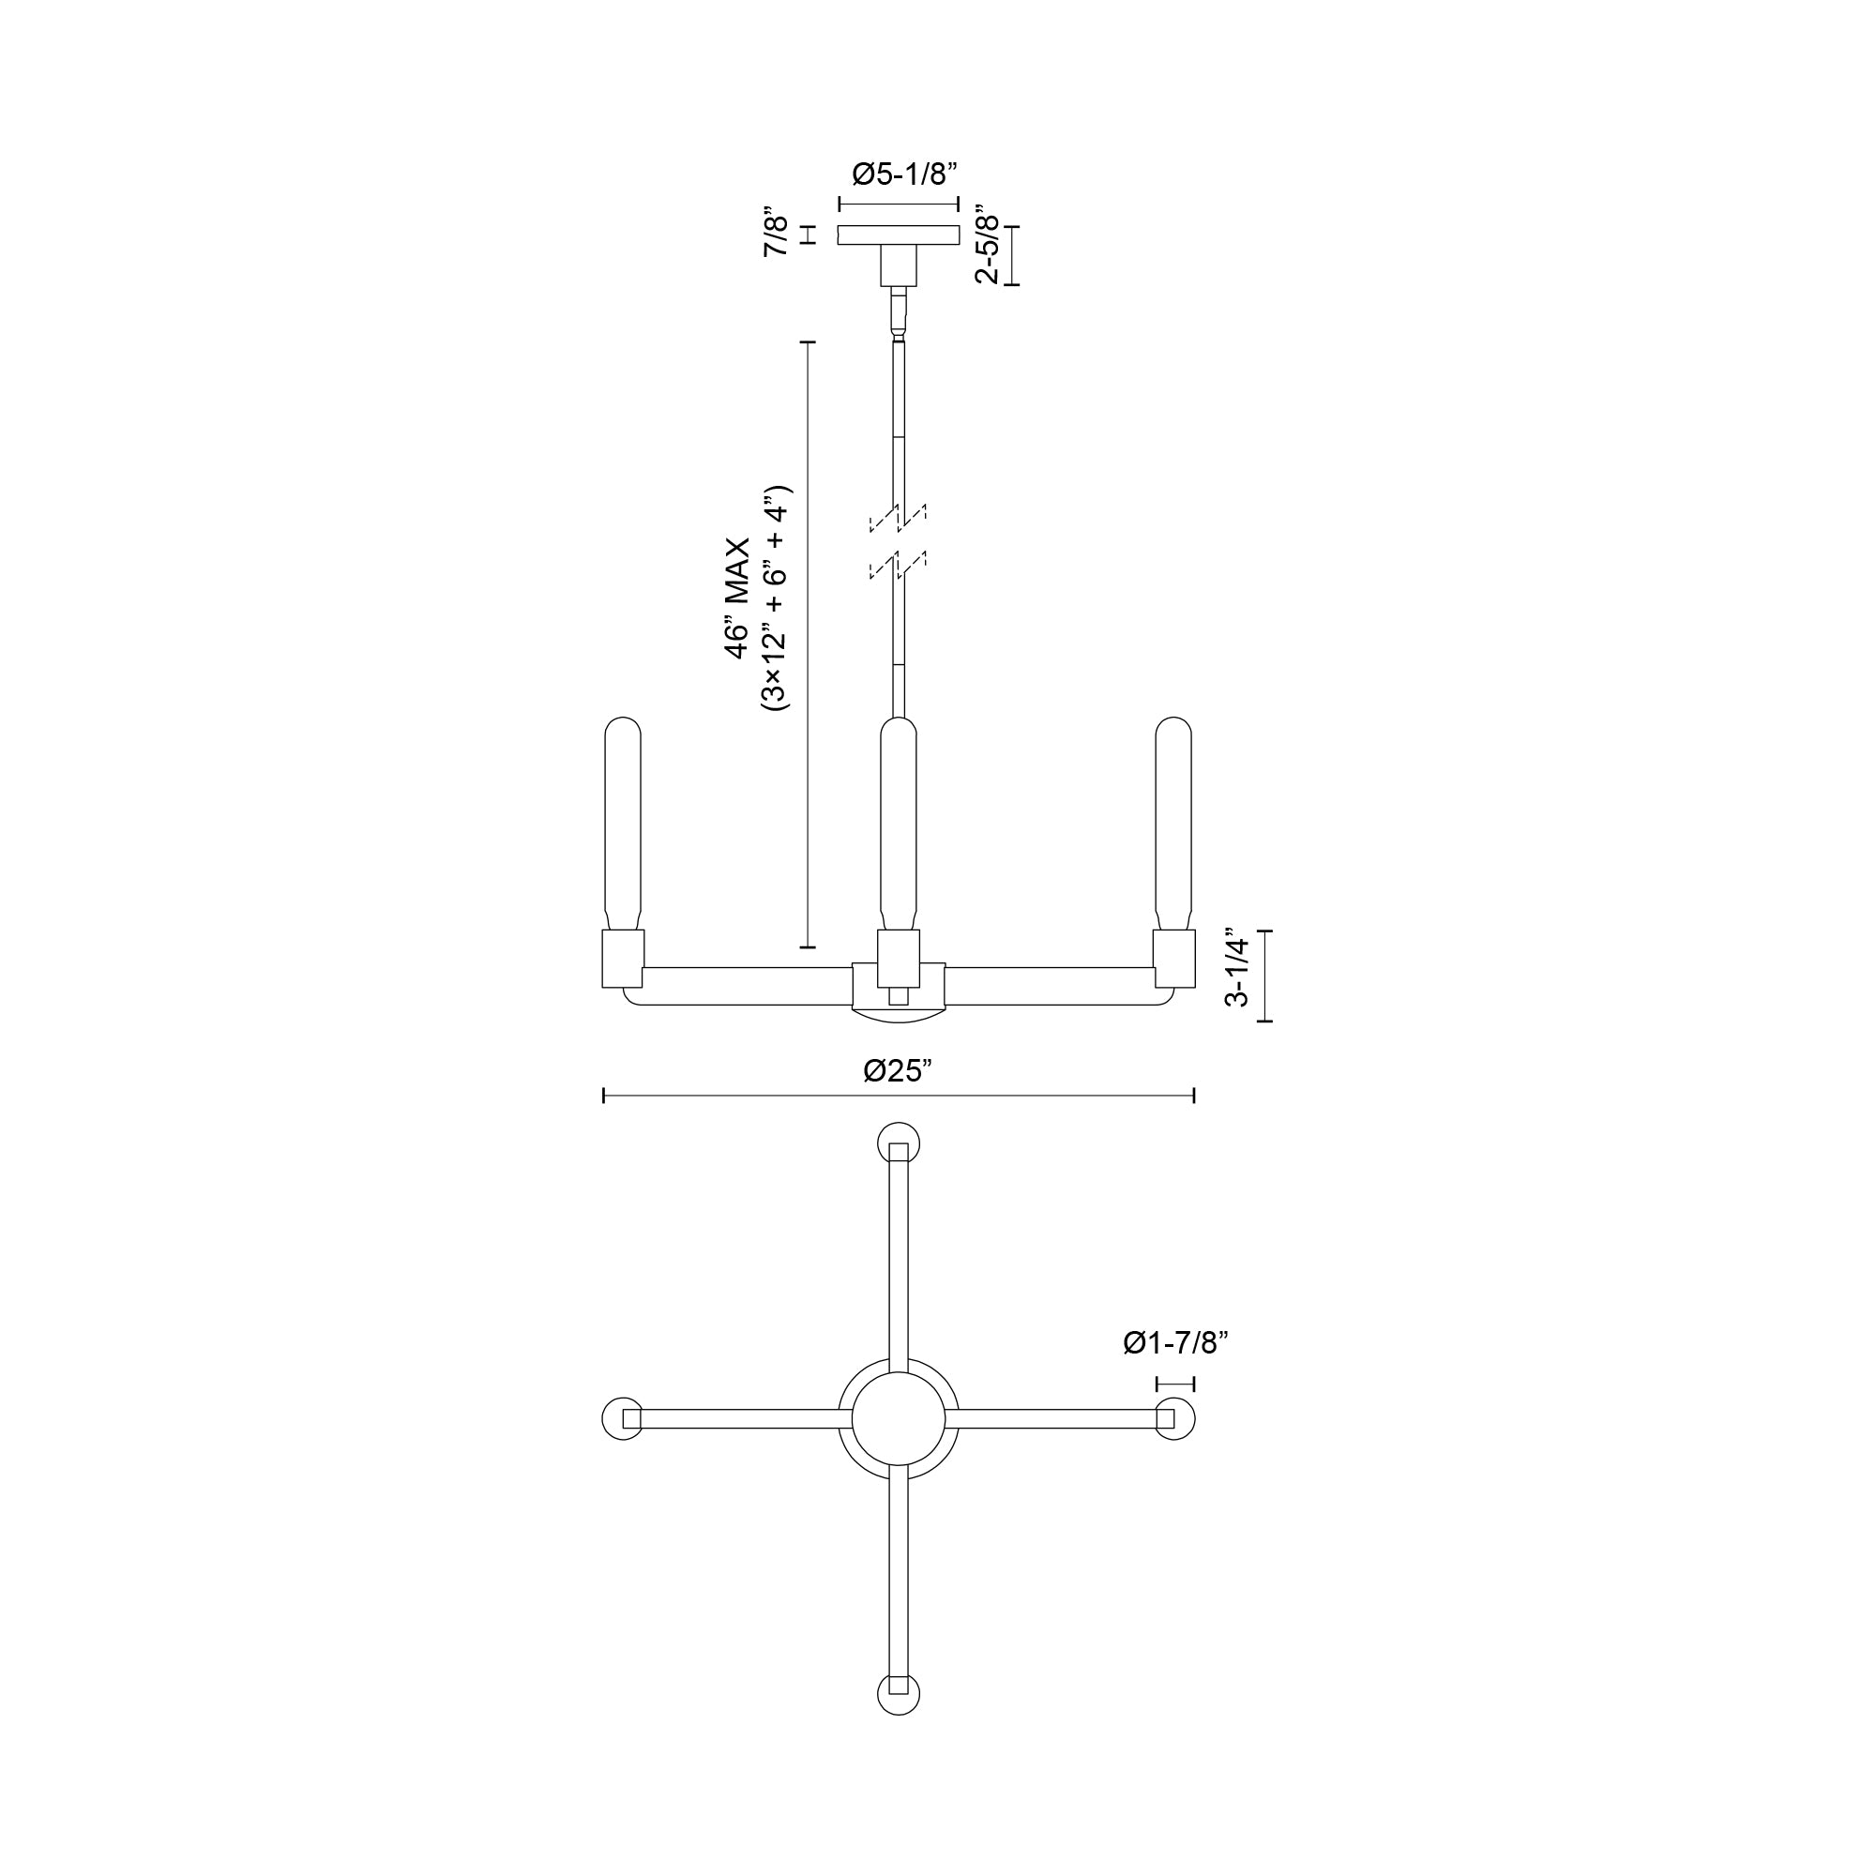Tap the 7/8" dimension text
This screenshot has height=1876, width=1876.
777,232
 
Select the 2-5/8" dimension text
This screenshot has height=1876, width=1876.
988,244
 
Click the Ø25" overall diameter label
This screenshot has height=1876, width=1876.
899,1071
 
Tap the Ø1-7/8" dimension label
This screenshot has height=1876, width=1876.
1176,1344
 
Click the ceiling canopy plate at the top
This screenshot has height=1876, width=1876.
899,235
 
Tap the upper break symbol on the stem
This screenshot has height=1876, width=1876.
899,519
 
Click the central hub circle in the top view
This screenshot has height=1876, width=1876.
899,1418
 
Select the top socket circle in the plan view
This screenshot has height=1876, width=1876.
899,1142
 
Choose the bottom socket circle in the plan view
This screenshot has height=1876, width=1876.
899,1694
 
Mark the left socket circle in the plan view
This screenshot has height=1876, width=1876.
624,1418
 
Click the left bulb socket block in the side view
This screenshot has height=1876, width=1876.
623,959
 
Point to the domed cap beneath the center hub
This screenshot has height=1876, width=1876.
899,1015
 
